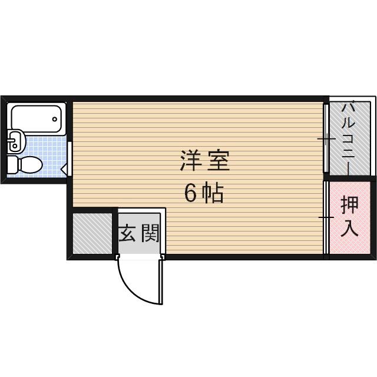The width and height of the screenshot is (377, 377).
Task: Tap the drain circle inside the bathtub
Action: tap(55, 118)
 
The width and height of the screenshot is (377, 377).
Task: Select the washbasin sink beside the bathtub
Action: tap(15, 141)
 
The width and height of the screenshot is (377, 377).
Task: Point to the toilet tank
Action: tap(12, 164)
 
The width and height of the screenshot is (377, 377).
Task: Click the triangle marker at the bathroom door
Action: tap(64, 169)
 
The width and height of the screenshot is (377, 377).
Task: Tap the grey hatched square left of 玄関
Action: tap(92, 233)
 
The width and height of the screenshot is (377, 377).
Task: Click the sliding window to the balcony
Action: tap(326, 139)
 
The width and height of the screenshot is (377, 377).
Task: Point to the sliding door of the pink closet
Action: tap(326, 217)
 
